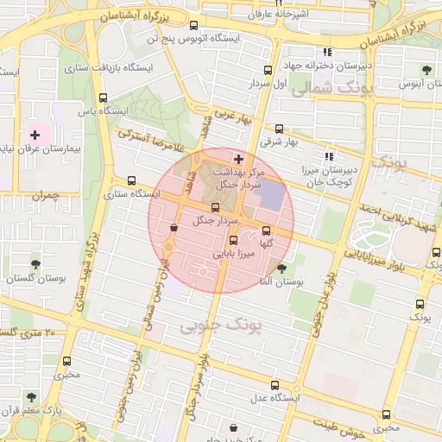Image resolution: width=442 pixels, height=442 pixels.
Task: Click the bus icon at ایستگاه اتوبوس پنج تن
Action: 198,25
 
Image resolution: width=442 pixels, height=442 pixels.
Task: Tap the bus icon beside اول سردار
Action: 267,71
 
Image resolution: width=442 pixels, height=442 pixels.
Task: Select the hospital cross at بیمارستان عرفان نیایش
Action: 35,134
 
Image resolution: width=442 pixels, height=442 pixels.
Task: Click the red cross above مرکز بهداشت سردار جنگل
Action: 239,160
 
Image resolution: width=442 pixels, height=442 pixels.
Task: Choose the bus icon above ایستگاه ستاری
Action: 130,181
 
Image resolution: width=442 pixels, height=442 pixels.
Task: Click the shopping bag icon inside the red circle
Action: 175,228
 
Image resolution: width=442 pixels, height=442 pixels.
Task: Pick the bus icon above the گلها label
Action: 265,230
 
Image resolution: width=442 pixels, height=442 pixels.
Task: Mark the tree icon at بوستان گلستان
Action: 35,264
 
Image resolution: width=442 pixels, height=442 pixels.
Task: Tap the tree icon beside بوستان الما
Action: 281,268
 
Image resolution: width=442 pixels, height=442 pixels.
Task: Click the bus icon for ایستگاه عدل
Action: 275,385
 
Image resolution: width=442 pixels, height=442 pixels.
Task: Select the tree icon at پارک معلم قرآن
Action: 32,397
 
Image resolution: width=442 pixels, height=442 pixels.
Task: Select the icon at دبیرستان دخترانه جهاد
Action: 327,53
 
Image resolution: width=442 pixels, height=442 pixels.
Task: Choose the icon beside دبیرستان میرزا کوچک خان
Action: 328,156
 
